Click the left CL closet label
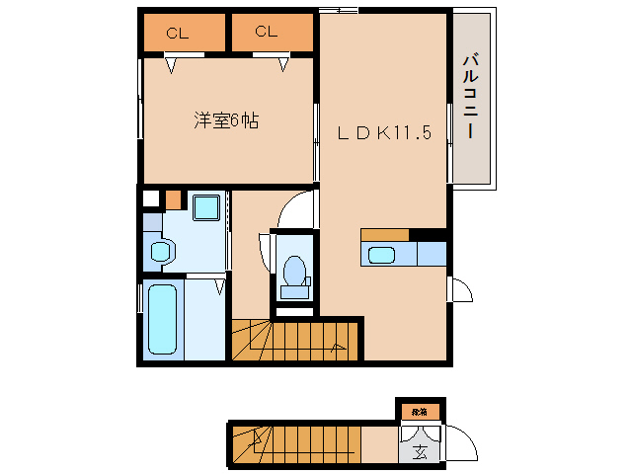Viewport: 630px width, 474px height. click(177, 33)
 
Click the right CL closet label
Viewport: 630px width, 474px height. click(266, 32)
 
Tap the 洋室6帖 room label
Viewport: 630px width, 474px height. click(226, 122)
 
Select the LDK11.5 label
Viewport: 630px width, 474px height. click(386, 133)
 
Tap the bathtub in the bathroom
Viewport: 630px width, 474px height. click(161, 318)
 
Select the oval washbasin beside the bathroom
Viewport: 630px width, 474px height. click(158, 252)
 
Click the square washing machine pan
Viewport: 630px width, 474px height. click(206, 208)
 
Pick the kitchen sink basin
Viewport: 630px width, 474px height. click(381, 255)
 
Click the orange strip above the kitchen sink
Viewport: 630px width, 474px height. click(385, 234)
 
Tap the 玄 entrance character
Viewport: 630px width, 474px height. click(420, 453)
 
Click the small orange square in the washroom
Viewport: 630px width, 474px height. click(174, 198)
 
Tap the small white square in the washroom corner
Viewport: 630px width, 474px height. click(150, 197)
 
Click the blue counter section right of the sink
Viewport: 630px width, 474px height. click(431, 254)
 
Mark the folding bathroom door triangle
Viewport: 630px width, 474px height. click(219, 286)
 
